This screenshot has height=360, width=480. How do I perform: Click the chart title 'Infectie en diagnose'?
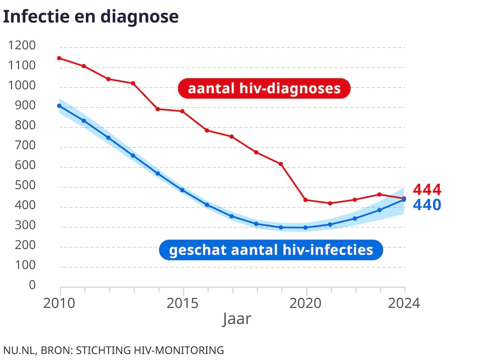tap(91, 16)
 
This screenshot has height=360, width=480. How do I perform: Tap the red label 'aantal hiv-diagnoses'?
tap(264, 89)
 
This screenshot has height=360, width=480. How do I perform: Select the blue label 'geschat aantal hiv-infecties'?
tap(271, 250)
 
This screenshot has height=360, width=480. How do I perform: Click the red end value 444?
tap(427, 190)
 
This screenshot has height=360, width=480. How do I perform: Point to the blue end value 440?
tap(427, 205)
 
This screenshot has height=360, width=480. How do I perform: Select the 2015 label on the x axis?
tap(183, 303)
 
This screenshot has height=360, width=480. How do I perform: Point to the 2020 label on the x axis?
tap(306, 303)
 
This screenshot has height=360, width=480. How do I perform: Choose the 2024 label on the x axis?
tap(404, 303)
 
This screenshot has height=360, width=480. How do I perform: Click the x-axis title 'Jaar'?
tap(237, 319)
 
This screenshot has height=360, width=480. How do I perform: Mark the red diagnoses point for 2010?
tap(60, 58)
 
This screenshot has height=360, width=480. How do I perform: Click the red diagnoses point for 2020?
tap(306, 200)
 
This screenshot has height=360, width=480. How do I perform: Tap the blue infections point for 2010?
tap(60, 106)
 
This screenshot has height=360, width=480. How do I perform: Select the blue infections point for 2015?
tap(183, 190)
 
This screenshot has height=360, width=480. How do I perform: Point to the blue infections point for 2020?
tap(306, 228)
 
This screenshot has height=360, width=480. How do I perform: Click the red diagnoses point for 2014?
tap(158, 109)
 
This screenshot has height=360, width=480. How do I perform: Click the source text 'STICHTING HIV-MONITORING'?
tap(150, 350)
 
